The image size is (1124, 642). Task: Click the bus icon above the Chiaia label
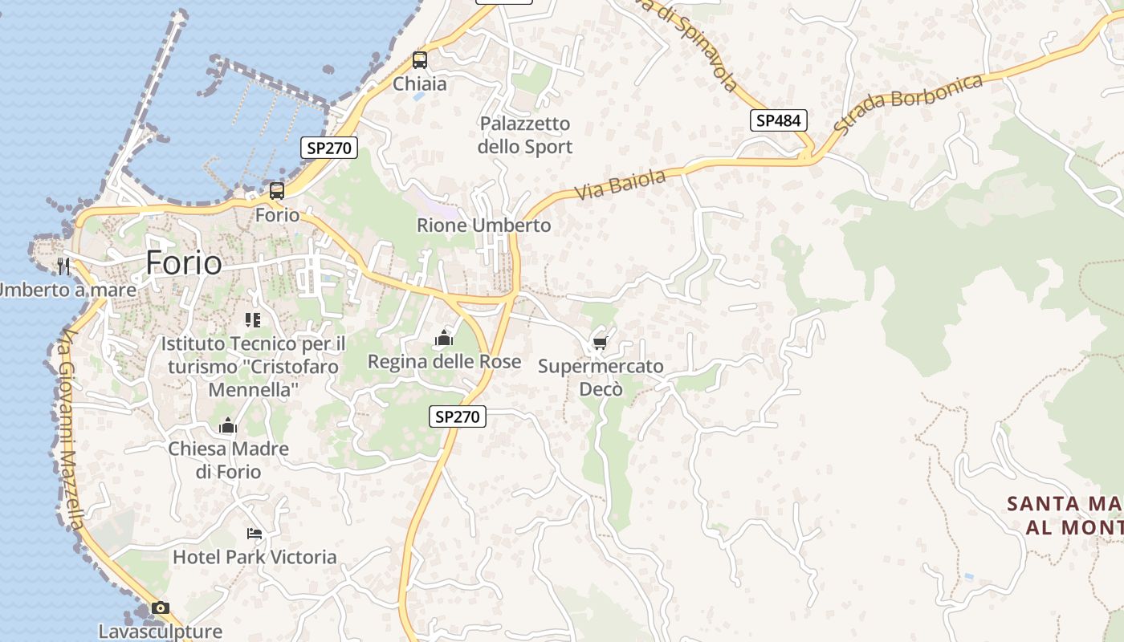[419, 59]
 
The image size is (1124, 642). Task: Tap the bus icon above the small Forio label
[277, 191]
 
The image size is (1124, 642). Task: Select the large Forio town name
[184, 262]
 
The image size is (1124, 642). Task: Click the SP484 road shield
[778, 120]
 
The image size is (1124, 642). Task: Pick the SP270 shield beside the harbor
[329, 148]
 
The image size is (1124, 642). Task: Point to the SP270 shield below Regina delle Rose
[458, 416]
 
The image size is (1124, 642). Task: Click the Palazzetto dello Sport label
[525, 135]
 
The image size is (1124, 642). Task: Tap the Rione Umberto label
[483, 226]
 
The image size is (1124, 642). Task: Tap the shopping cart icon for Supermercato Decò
[600, 343]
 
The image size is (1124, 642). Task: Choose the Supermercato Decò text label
[601, 378]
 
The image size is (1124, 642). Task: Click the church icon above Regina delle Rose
[444, 339]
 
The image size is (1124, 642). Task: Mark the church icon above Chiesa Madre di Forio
[228, 425]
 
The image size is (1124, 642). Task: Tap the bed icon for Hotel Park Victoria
[255, 533]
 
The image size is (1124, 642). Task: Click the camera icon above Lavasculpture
[161, 607]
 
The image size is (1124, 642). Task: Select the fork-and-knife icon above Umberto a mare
[63, 266]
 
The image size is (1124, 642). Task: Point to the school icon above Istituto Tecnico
[253, 320]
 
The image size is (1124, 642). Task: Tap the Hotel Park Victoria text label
[255, 557]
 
